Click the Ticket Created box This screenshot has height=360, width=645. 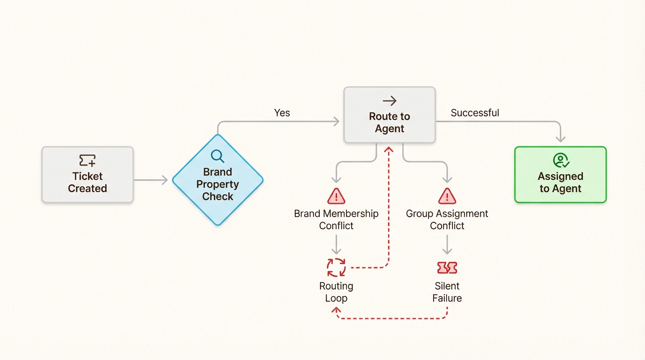tap(88, 175)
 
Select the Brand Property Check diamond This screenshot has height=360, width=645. tap(217, 180)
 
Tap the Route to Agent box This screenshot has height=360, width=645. tap(390, 115)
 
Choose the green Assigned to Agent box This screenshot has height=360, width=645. tap(560, 175)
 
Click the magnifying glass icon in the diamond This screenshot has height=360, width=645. tap(217, 156)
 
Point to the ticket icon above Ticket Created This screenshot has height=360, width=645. tap(88, 160)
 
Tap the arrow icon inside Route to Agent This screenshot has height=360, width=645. tap(390, 101)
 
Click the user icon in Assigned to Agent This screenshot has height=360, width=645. tap(561, 160)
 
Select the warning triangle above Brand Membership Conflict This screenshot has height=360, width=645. tap(336, 195)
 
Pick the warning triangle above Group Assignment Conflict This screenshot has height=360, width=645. tap(447, 195)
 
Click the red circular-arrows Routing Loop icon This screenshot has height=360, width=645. tap(336, 268)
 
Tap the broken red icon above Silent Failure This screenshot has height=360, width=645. tap(447, 268)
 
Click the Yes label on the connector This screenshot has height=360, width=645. tap(282, 113)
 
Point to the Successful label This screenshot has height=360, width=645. tap(475, 113)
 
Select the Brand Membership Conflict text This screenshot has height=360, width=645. tap(336, 219)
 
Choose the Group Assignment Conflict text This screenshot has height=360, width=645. tap(447, 219)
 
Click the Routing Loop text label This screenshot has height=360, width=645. tap(336, 292)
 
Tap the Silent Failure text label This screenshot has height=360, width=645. tap(447, 292)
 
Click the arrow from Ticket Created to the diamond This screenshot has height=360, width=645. tap(150, 180)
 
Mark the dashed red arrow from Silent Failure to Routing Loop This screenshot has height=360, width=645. tap(391, 319)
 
